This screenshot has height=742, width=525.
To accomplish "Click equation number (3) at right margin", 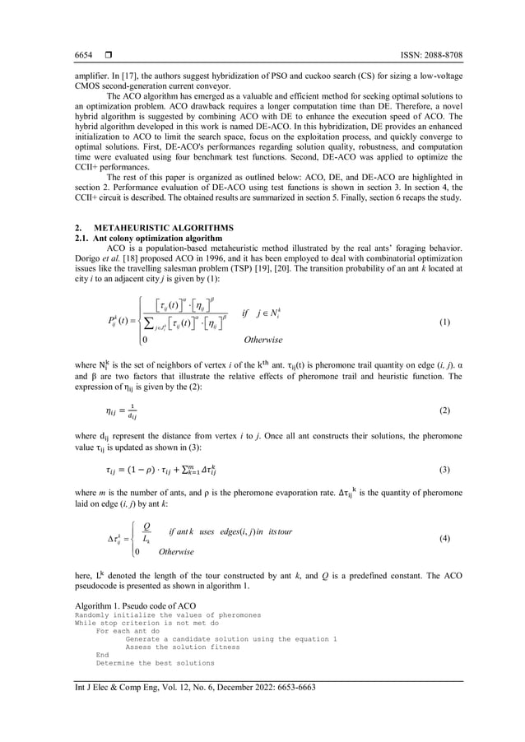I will [x=445, y=470].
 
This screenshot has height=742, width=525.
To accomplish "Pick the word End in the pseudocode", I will [x=102, y=654].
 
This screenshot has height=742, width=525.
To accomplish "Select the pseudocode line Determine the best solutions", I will [x=155, y=662].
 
